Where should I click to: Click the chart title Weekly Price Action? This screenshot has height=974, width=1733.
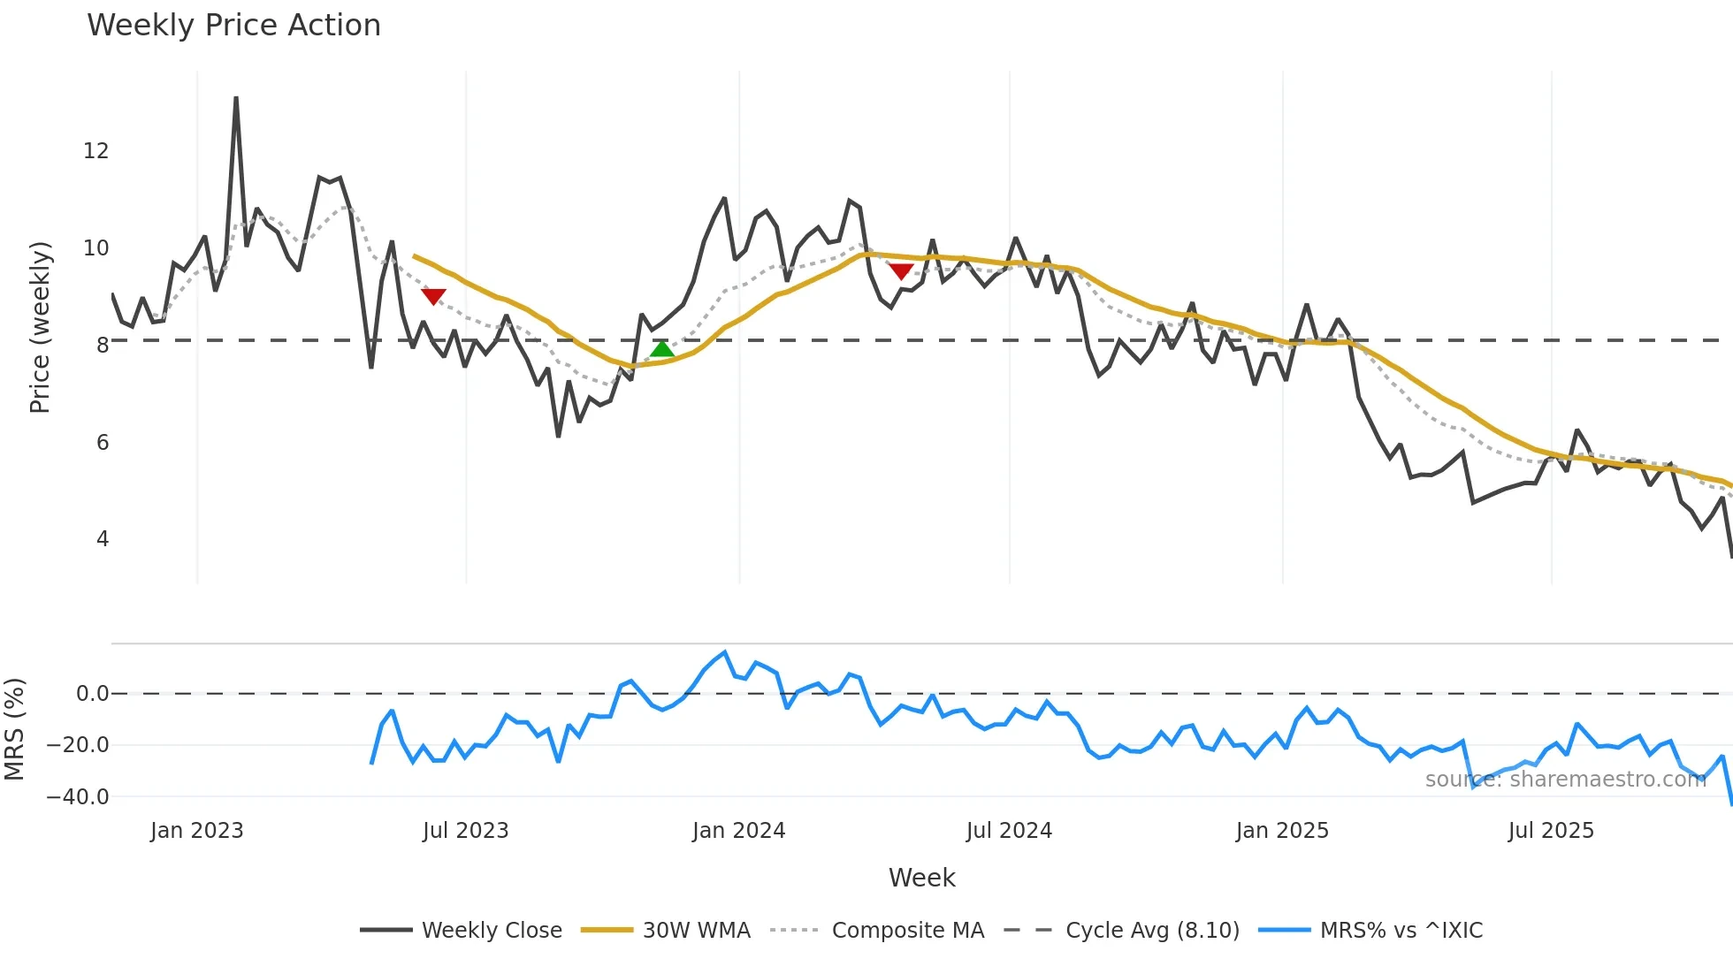click(233, 26)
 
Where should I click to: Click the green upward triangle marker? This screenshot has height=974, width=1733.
click(662, 349)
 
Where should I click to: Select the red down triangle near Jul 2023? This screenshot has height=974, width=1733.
click(433, 296)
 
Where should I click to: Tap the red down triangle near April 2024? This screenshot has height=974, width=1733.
click(901, 271)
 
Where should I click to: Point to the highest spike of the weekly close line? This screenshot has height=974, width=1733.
click(236, 99)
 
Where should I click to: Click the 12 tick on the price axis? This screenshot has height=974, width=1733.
click(96, 151)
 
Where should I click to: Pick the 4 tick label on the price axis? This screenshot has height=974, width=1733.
click(103, 539)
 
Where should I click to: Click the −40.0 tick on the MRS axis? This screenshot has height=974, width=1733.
click(78, 797)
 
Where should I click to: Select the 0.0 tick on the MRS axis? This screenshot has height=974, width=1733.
click(92, 694)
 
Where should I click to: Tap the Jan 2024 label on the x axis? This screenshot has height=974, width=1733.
click(738, 831)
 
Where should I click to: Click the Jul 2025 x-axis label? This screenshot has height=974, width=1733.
click(1551, 831)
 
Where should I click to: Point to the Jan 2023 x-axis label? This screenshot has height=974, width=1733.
click(196, 831)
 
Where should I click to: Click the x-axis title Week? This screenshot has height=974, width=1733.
click(921, 878)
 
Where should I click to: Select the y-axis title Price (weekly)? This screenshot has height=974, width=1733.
click(41, 327)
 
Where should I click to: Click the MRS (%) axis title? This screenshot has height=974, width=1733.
click(14, 729)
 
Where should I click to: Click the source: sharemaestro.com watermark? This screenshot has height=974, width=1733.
click(1565, 780)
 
